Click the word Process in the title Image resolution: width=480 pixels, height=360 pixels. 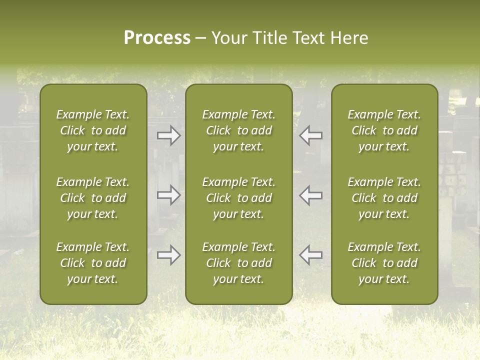[x=157, y=38]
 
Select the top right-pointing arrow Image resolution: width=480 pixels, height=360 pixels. [x=169, y=135]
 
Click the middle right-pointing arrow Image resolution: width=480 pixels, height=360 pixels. [x=169, y=195]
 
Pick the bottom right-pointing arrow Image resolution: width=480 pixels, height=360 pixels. [x=169, y=255]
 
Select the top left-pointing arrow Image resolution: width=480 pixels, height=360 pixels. [x=311, y=135]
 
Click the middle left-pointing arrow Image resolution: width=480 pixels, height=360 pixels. [x=311, y=195]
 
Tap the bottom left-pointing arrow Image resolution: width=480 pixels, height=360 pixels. [x=311, y=255]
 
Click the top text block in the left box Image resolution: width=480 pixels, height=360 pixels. [x=93, y=130]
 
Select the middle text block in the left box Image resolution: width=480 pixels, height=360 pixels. [x=93, y=198]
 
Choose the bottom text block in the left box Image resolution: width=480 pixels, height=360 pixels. [x=93, y=263]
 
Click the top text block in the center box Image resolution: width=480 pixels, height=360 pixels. [x=238, y=130]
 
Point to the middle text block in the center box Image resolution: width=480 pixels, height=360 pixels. [x=238, y=198]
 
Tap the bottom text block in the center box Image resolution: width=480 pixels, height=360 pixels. [x=238, y=263]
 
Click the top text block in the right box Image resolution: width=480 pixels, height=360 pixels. [x=384, y=130]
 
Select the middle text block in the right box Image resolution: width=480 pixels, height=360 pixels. [x=384, y=198]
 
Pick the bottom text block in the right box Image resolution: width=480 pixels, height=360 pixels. [x=384, y=263]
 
